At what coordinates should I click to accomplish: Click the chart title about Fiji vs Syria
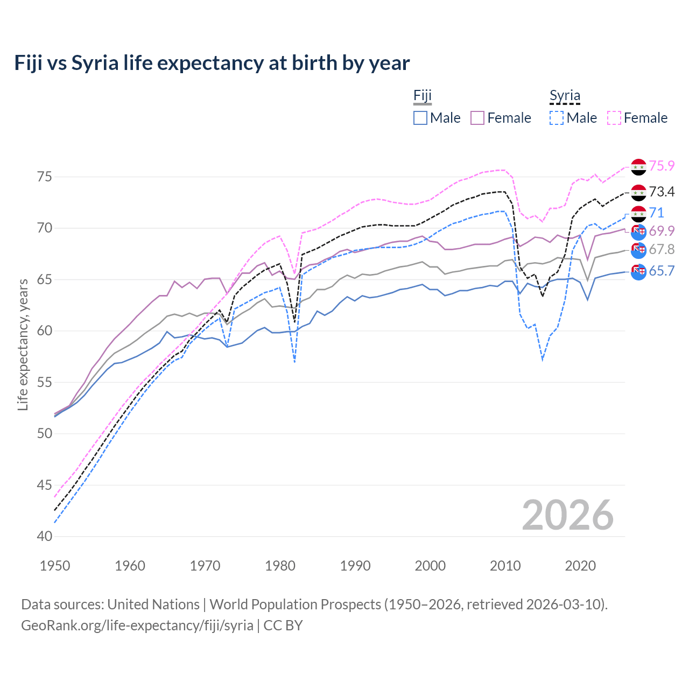pyautogui.click(x=212, y=63)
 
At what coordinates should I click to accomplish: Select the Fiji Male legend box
pyautogui.click(x=420, y=118)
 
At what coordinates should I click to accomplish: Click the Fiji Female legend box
pyautogui.click(x=478, y=118)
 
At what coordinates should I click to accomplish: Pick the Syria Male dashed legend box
pyautogui.click(x=557, y=118)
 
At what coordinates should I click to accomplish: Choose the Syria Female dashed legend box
pyautogui.click(x=614, y=118)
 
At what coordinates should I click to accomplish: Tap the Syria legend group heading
pyautogui.click(x=565, y=96)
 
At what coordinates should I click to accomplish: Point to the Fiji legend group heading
pyautogui.click(x=423, y=96)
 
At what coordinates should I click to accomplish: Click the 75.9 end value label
pyautogui.click(x=662, y=166)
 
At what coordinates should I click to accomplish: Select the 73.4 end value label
pyautogui.click(x=662, y=192)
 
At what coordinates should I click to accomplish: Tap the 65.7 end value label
pyautogui.click(x=662, y=271)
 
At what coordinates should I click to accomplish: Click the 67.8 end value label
pyautogui.click(x=662, y=249)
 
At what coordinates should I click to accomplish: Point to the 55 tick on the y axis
pyautogui.click(x=45, y=383)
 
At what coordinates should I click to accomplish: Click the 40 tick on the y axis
pyautogui.click(x=45, y=537)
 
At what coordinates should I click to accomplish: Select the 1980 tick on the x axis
pyautogui.click(x=280, y=566)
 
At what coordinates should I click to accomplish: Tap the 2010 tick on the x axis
pyautogui.click(x=505, y=566)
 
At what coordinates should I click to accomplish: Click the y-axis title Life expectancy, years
pyautogui.click(x=23, y=344)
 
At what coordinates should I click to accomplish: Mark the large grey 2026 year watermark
pyautogui.click(x=568, y=515)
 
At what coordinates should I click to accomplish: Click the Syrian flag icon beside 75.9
pyautogui.click(x=638, y=167)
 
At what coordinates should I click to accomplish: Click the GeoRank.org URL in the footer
pyautogui.click(x=137, y=625)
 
